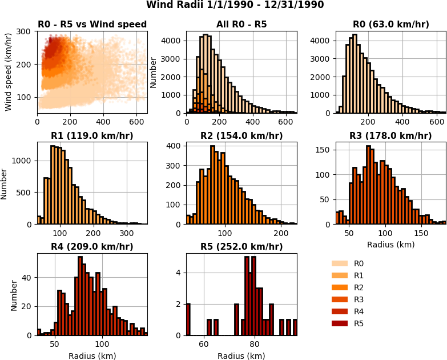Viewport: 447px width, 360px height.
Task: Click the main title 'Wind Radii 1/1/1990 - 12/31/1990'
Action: pyautogui.click(x=235, y=5)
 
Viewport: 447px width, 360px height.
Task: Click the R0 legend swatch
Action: pyautogui.click(x=340, y=263)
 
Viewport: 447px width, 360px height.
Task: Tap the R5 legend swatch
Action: pyautogui.click(x=340, y=323)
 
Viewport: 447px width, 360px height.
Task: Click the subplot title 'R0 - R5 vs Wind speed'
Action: pyautogui.click(x=92, y=25)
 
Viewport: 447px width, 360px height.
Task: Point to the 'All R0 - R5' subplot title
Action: pyautogui.click(x=241, y=25)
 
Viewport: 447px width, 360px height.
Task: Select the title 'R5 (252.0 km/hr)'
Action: pyautogui.click(x=241, y=247)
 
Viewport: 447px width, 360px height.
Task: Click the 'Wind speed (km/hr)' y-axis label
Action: pyautogui.click(x=9, y=71)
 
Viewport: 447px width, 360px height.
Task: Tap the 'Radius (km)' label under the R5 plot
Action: pyautogui.click(x=241, y=356)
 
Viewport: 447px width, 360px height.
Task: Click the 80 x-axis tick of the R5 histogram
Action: pyautogui.click(x=255, y=344)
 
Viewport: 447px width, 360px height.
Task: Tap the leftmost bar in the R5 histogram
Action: pyautogui.click(x=188, y=319)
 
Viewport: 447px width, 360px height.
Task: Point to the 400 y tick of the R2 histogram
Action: pyautogui.click(x=174, y=146)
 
